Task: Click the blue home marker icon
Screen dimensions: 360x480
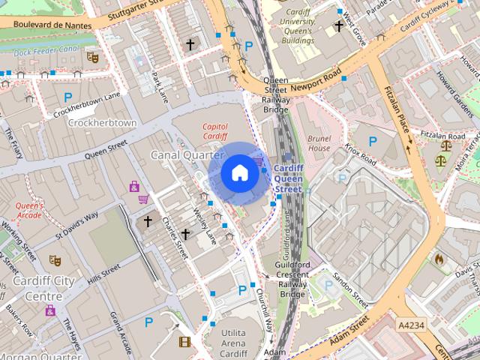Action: (239, 173)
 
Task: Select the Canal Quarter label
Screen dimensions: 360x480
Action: (187, 154)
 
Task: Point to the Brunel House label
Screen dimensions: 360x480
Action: (319, 143)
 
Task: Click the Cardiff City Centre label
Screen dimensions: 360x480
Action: (37, 288)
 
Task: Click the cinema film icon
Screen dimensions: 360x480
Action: (184, 342)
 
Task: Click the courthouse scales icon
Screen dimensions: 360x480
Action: (440, 159)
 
